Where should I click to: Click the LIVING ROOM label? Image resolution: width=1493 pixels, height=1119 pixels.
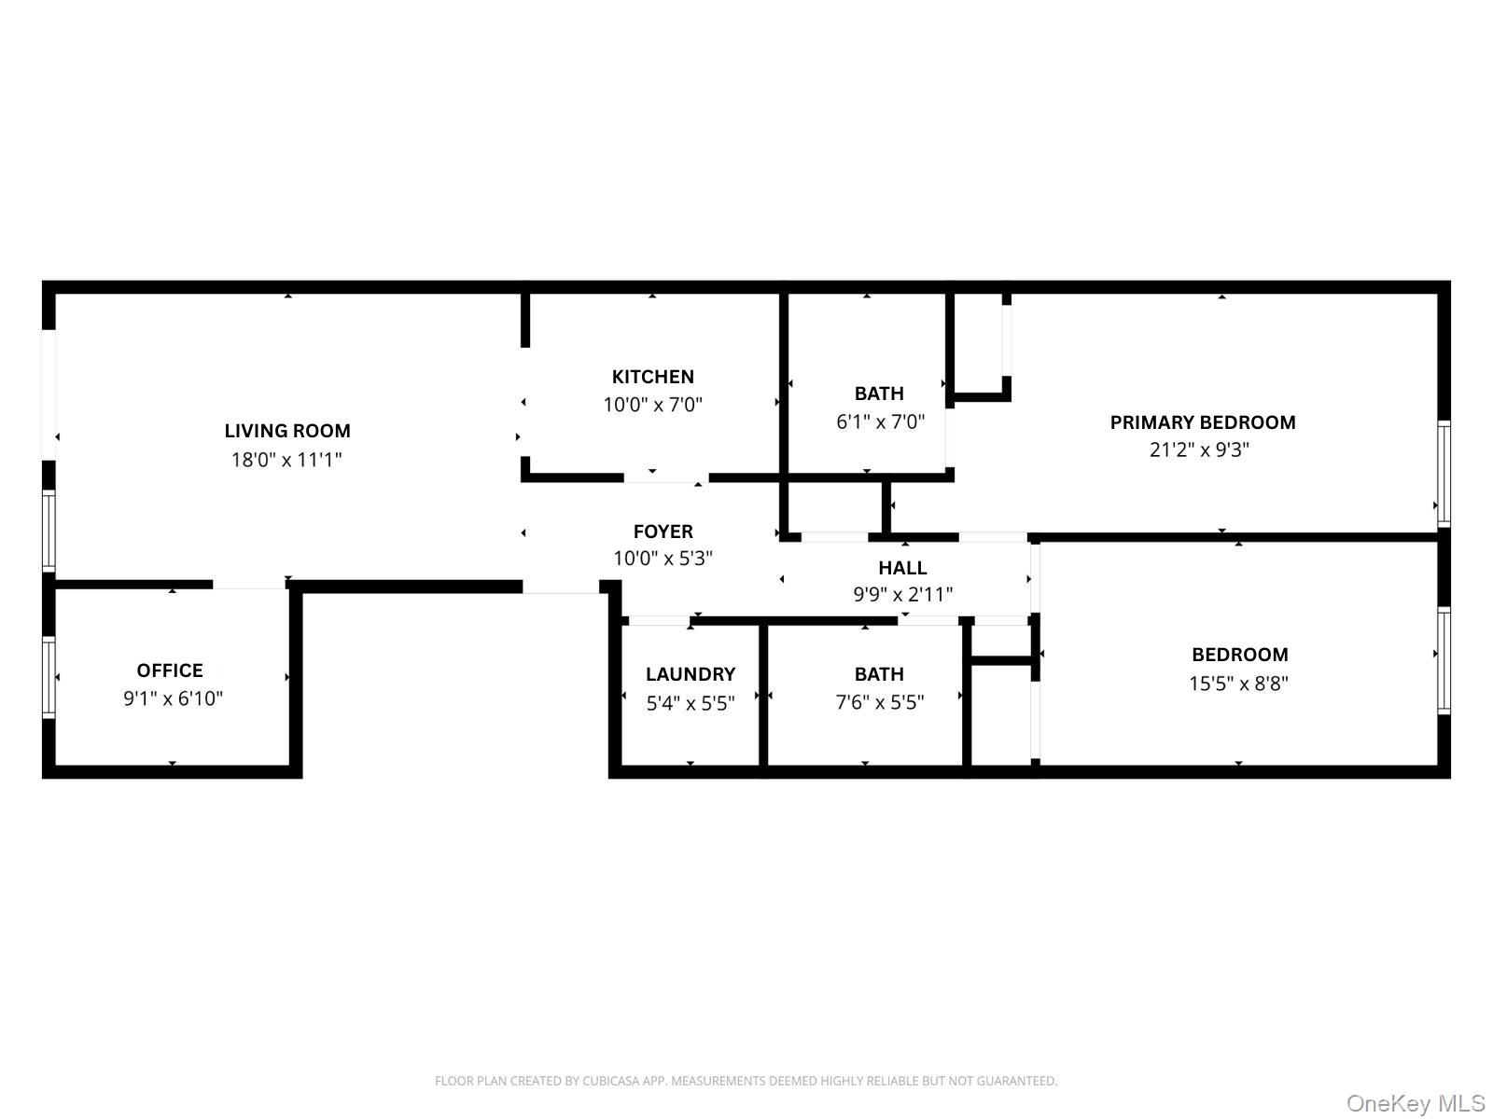click(x=287, y=431)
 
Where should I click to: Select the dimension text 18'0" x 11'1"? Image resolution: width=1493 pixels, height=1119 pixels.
click(x=286, y=460)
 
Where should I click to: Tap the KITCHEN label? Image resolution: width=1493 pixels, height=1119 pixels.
click(x=652, y=377)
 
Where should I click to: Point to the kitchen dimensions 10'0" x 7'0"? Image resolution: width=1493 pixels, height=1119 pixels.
click(x=652, y=405)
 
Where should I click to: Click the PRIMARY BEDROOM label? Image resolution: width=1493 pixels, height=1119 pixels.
click(x=1202, y=422)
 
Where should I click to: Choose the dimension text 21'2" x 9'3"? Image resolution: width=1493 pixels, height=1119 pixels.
click(x=1199, y=450)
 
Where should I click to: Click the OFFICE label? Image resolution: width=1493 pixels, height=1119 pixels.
click(x=170, y=670)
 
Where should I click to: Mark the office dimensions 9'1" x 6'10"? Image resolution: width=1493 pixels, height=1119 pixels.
click(x=173, y=698)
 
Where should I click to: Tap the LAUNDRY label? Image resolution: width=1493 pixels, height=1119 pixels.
click(x=691, y=674)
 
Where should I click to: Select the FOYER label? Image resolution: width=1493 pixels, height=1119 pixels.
click(x=663, y=532)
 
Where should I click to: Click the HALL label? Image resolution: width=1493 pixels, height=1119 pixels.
click(x=902, y=568)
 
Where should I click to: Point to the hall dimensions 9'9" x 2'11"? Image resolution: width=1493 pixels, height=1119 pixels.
click(x=902, y=595)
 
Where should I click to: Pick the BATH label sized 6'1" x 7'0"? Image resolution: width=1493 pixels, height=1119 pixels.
click(x=879, y=394)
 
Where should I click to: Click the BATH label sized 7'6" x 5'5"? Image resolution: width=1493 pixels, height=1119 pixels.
click(x=879, y=674)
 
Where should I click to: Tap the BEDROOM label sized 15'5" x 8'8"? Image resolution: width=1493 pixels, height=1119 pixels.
click(x=1239, y=655)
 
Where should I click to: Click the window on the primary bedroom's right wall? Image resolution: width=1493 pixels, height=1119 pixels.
click(x=1444, y=473)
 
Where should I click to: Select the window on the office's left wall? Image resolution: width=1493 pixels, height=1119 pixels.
click(x=49, y=677)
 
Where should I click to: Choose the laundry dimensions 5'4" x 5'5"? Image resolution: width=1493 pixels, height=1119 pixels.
click(x=691, y=703)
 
